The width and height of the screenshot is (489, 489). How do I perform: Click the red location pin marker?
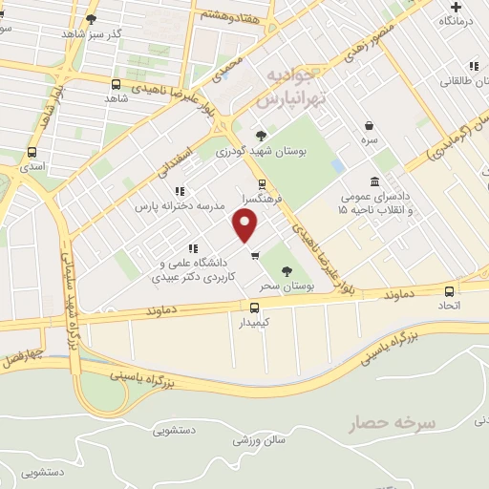pyautogui.click(x=246, y=226)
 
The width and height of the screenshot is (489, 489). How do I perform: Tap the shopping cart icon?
pyautogui.click(x=254, y=255)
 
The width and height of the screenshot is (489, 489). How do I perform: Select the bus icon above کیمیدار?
pyautogui.click(x=254, y=308)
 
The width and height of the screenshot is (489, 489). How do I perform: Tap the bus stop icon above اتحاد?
pyautogui.click(x=449, y=291)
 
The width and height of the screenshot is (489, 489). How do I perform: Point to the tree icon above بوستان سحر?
pyautogui.click(x=287, y=271)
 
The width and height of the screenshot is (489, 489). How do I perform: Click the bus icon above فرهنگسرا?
pyautogui.click(x=262, y=185)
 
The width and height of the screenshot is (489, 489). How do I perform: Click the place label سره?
pyautogui.click(x=369, y=139)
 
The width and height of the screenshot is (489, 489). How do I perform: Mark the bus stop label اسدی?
pyautogui.click(x=32, y=166)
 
